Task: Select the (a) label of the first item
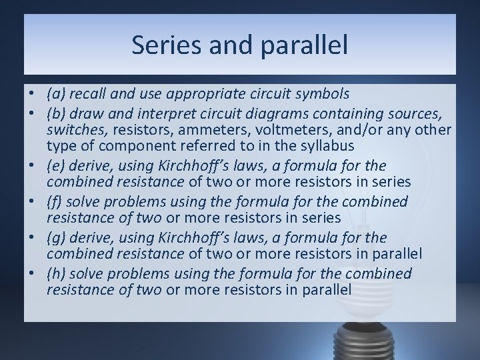coord(55,93)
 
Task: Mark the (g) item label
coord(55,237)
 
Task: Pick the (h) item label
coord(55,273)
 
